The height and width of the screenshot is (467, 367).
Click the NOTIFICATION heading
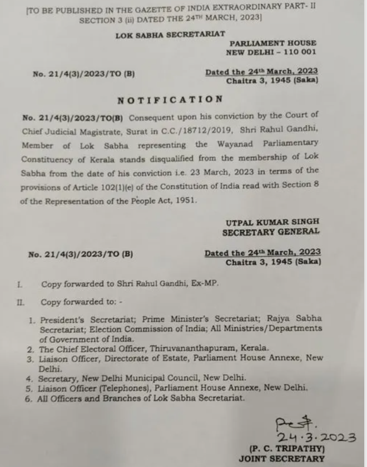[170, 100]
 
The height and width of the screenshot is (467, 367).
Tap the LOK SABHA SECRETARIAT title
[170, 35]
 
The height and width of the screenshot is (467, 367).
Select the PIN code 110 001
[298, 52]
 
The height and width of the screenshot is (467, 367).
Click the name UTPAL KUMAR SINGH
[271, 223]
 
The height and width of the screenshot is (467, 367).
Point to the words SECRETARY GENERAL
[271, 232]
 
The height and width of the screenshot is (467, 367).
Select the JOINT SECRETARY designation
[281, 459]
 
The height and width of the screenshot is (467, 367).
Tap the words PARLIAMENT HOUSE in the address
[273, 43]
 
